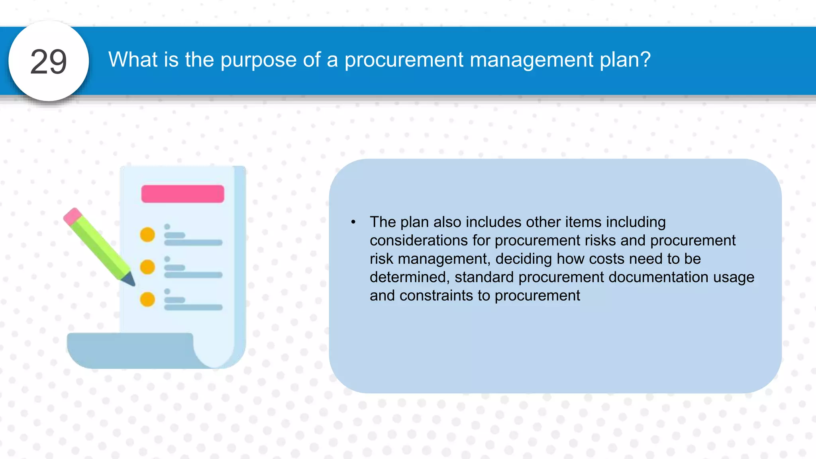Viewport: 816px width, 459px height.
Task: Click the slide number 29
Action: (49, 61)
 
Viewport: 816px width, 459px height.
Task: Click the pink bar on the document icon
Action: (182, 194)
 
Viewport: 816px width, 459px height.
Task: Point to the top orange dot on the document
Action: (147, 235)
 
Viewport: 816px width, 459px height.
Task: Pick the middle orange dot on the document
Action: (147, 267)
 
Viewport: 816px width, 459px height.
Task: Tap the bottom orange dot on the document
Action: (147, 299)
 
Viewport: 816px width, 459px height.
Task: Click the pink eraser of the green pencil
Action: (72, 216)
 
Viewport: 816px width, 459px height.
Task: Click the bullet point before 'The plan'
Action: (353, 222)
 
